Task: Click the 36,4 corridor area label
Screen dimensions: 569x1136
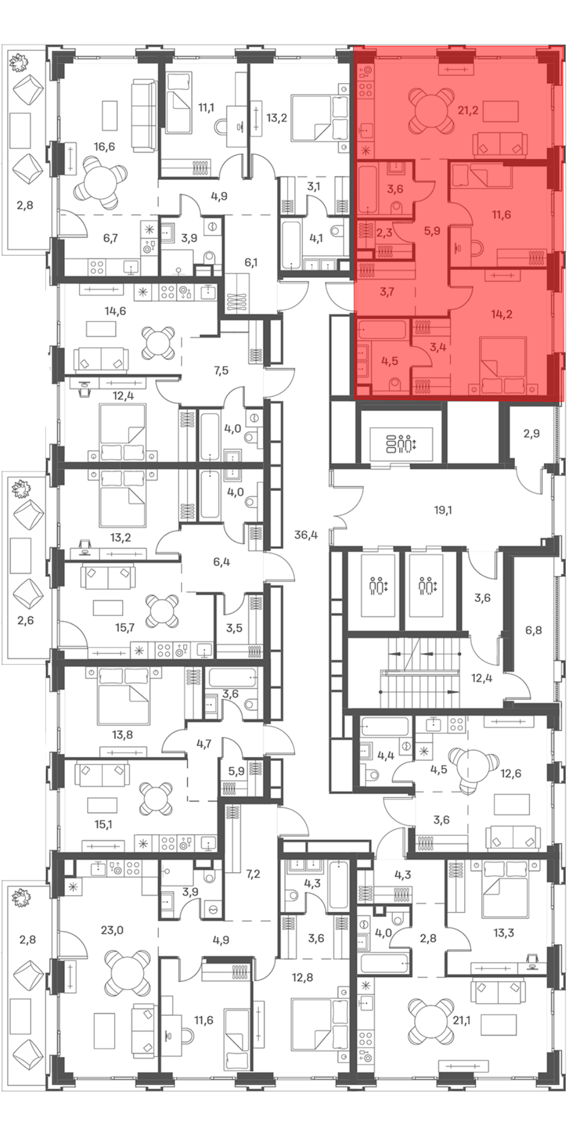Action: tap(306, 535)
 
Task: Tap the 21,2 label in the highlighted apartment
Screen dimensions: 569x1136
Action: tap(468, 110)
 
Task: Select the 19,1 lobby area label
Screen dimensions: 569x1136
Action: tap(443, 510)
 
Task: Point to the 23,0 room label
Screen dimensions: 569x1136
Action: tap(112, 930)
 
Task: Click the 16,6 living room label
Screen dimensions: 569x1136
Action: tap(104, 147)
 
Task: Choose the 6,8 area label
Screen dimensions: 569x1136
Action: tap(533, 630)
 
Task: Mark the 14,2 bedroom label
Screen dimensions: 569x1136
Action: tap(502, 314)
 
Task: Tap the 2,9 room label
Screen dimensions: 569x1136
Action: tap(531, 434)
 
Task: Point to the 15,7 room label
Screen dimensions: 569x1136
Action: tap(125, 628)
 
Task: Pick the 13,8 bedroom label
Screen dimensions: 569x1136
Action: tap(122, 735)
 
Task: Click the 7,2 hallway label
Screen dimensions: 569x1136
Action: tap(253, 873)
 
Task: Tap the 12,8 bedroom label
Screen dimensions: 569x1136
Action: tap(302, 978)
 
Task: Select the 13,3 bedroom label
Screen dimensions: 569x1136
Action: tap(504, 933)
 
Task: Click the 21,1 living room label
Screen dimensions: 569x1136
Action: tap(461, 1021)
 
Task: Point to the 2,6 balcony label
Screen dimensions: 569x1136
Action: tap(26, 621)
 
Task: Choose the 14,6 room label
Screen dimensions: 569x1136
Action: tap(115, 311)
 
